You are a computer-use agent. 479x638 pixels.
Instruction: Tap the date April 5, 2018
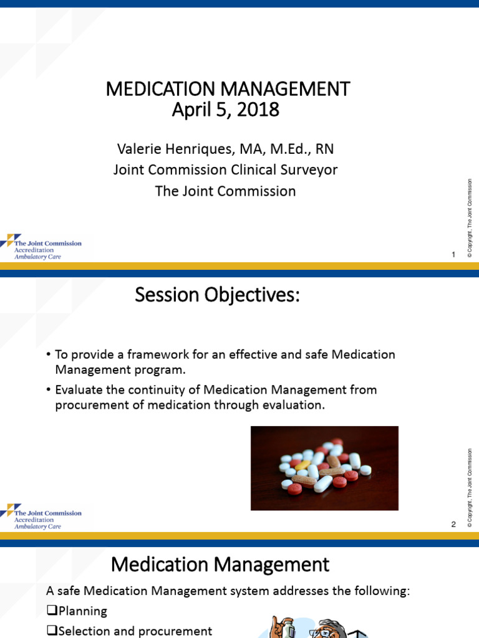(x=225, y=110)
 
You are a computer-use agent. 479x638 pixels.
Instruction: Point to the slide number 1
(x=454, y=254)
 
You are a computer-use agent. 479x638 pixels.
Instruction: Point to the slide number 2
(x=454, y=525)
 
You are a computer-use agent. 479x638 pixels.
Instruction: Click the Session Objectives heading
(x=217, y=296)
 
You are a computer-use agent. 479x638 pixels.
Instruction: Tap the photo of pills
(x=324, y=468)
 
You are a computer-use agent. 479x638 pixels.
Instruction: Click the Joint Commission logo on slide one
(x=41, y=247)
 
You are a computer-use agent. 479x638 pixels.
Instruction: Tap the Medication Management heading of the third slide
(x=220, y=564)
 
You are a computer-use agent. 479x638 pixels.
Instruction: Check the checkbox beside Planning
(x=51, y=611)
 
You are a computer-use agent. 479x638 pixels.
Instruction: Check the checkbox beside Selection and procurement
(x=51, y=631)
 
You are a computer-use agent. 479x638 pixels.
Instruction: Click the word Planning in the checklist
(x=82, y=611)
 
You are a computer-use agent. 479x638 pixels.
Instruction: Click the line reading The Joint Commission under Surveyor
(x=225, y=191)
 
